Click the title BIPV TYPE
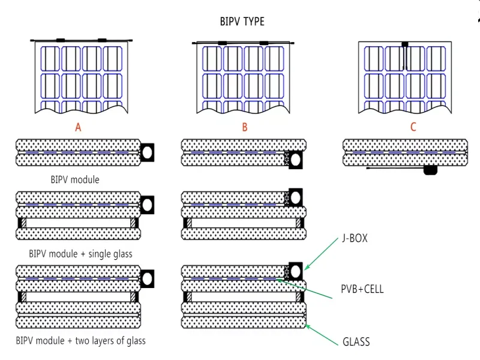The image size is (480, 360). (x=242, y=22)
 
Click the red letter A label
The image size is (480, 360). (x=78, y=127)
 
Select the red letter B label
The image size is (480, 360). (x=244, y=127)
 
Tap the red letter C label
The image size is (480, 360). (x=413, y=127)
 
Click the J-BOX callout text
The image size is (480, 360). (x=355, y=238)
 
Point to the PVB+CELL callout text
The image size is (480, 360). (x=362, y=289)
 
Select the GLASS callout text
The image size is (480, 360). (x=356, y=343)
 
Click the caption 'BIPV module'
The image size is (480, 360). (x=76, y=179)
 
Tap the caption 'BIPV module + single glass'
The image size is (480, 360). (x=81, y=254)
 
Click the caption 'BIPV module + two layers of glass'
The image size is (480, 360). (x=81, y=341)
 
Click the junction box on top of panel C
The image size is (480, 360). (x=404, y=44)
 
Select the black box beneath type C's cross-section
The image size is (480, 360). (x=430, y=170)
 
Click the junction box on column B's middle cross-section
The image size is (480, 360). (x=295, y=197)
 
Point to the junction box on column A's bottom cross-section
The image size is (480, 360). (x=147, y=277)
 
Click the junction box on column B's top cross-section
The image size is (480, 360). (x=295, y=160)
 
